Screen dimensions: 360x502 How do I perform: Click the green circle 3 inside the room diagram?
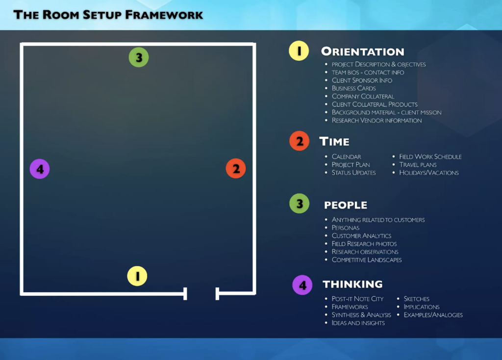pos(139,57)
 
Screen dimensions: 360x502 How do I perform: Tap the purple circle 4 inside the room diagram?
pos(40,169)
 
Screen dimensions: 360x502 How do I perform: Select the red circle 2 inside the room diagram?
pos(236,169)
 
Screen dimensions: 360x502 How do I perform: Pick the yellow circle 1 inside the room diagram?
pos(137,276)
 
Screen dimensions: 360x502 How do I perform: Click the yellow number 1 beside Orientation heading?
pos(299,51)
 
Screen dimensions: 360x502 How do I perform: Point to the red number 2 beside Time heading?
pos(299,141)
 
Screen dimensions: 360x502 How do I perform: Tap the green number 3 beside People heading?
pos(300,203)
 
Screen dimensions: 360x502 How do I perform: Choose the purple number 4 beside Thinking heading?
pos(302,285)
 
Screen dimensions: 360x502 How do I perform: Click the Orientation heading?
pos(362,51)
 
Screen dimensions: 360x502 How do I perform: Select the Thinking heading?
pos(352,284)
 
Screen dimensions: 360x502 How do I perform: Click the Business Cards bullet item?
pos(353,88)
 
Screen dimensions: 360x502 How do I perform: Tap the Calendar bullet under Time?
pos(346,156)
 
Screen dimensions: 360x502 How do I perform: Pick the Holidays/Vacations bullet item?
pos(429,173)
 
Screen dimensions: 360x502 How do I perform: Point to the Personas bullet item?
pos(346,228)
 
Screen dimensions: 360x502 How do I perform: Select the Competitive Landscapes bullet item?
pos(367,260)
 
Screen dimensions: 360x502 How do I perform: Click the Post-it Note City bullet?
pos(357,299)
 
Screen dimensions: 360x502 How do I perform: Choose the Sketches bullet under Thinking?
pos(416,299)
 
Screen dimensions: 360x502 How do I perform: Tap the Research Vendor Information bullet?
pos(376,120)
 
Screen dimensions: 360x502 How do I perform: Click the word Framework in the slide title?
pos(164,14)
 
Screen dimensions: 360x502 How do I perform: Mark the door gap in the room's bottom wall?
pos(201,294)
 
